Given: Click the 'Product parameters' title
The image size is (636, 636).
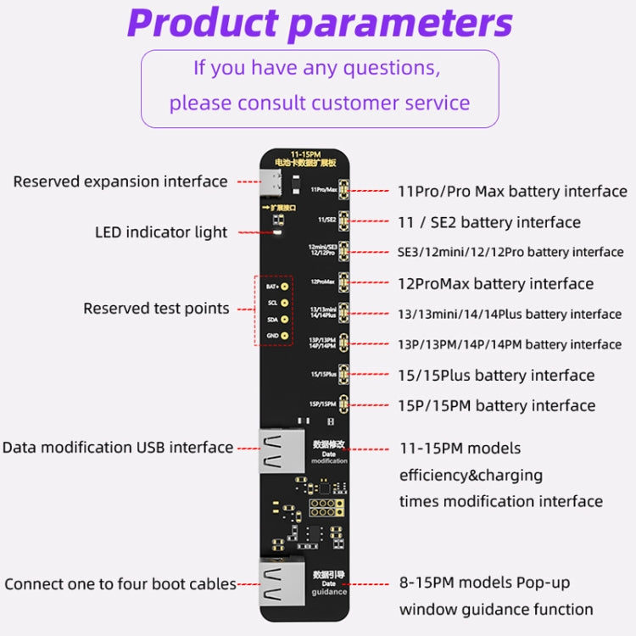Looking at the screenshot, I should (x=319, y=23).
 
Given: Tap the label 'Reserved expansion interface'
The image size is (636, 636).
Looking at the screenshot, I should (x=120, y=181).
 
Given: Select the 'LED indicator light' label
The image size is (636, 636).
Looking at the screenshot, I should (x=162, y=232).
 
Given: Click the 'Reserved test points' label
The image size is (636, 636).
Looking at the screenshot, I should (x=156, y=309).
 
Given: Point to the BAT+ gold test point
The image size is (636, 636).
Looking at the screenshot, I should (x=285, y=287).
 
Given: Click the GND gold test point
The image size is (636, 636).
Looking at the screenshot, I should (x=285, y=336).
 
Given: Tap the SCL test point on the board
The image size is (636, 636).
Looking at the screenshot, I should (x=285, y=304).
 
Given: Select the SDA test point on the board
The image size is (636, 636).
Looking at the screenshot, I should (x=285, y=320).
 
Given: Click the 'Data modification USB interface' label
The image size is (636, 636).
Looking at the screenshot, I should (x=117, y=447).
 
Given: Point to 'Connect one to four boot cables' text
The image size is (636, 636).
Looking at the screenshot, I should (x=120, y=584).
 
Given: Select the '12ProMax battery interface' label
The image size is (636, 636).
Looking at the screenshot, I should (x=495, y=283).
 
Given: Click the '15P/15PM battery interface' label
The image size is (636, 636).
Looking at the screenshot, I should (x=496, y=405).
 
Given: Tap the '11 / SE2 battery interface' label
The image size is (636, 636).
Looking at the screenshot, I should (x=489, y=222).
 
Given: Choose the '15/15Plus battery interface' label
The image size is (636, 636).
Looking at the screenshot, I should (x=496, y=375).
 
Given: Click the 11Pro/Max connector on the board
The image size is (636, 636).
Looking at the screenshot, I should (x=344, y=189).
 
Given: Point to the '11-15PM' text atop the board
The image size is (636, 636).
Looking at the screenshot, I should (x=302, y=153).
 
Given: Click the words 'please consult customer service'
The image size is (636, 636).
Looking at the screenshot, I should (x=319, y=103).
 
